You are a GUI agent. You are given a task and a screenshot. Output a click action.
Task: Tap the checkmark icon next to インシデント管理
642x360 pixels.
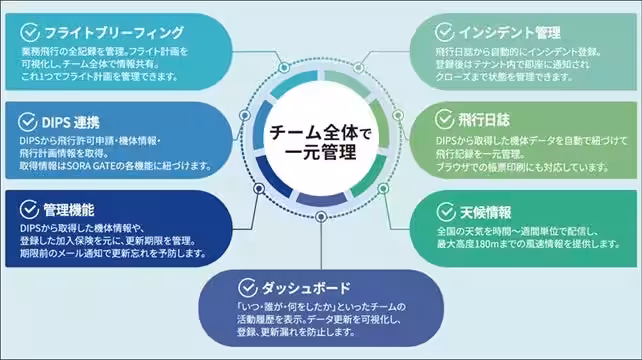tap(444, 31)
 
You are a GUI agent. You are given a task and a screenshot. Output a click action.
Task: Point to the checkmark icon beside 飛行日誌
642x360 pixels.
tap(447, 119)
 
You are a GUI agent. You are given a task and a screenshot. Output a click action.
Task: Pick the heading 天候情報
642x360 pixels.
tap(484, 211)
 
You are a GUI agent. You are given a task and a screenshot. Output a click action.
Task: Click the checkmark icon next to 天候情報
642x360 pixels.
tap(447, 211)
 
